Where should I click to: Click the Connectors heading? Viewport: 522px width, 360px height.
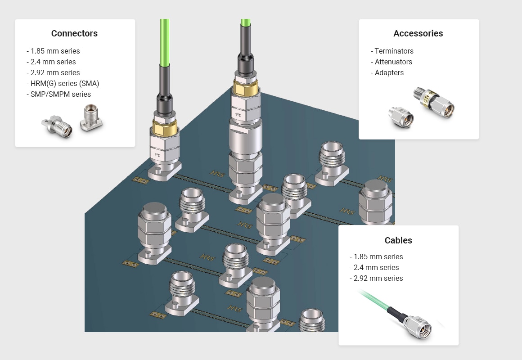[x=74, y=33]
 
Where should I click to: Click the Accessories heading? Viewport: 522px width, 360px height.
[x=418, y=33]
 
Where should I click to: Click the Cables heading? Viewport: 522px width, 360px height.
[x=398, y=240]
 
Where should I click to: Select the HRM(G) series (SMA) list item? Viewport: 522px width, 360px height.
[x=63, y=83]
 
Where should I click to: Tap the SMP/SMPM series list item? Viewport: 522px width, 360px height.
[x=58, y=94]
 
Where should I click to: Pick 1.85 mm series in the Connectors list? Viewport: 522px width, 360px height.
[x=53, y=51]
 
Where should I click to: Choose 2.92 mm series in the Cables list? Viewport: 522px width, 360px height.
[x=376, y=278]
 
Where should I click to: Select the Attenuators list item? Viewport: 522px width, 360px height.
[x=391, y=62]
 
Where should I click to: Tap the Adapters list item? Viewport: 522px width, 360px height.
[x=387, y=72]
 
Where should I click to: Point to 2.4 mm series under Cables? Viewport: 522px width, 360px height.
[x=374, y=267]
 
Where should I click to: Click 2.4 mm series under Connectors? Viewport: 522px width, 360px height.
[x=51, y=62]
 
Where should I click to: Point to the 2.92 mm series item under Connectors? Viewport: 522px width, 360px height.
[x=53, y=72]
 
